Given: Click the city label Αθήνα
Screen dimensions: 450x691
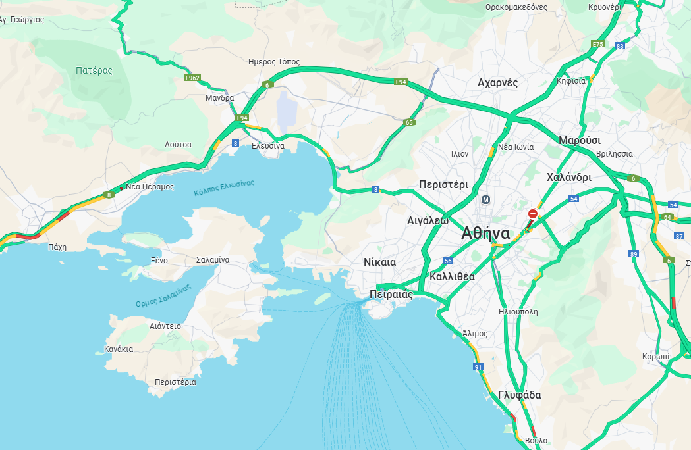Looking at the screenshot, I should [x=486, y=233].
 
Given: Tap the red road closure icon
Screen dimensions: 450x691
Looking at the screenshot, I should [x=532, y=214].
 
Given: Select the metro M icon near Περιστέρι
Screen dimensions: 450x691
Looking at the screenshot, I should [x=486, y=199].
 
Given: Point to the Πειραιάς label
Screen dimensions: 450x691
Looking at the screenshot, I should [x=391, y=294].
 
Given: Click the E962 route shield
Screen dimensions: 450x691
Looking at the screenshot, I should [x=192, y=78].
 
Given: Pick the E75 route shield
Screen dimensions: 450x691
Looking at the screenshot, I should [x=597, y=44].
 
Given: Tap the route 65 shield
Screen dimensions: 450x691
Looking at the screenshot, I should [x=409, y=122].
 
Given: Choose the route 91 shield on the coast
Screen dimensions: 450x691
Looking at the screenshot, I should [x=478, y=367].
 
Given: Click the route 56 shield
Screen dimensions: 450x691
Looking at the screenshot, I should [x=448, y=261].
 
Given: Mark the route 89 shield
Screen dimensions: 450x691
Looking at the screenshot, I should [x=634, y=254].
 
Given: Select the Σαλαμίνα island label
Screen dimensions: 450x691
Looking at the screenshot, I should [x=213, y=260].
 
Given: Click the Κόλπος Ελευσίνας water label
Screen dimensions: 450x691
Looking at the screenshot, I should [x=224, y=188].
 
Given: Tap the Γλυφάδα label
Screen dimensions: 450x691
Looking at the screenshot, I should [x=519, y=395].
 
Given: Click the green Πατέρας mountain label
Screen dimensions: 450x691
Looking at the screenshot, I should [x=94, y=70].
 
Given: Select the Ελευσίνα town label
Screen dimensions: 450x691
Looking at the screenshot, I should [x=268, y=145].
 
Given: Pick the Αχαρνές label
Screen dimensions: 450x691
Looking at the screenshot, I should [x=497, y=83].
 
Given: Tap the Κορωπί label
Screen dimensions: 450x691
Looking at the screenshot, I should [x=655, y=356].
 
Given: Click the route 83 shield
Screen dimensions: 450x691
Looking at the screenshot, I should [x=619, y=46].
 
